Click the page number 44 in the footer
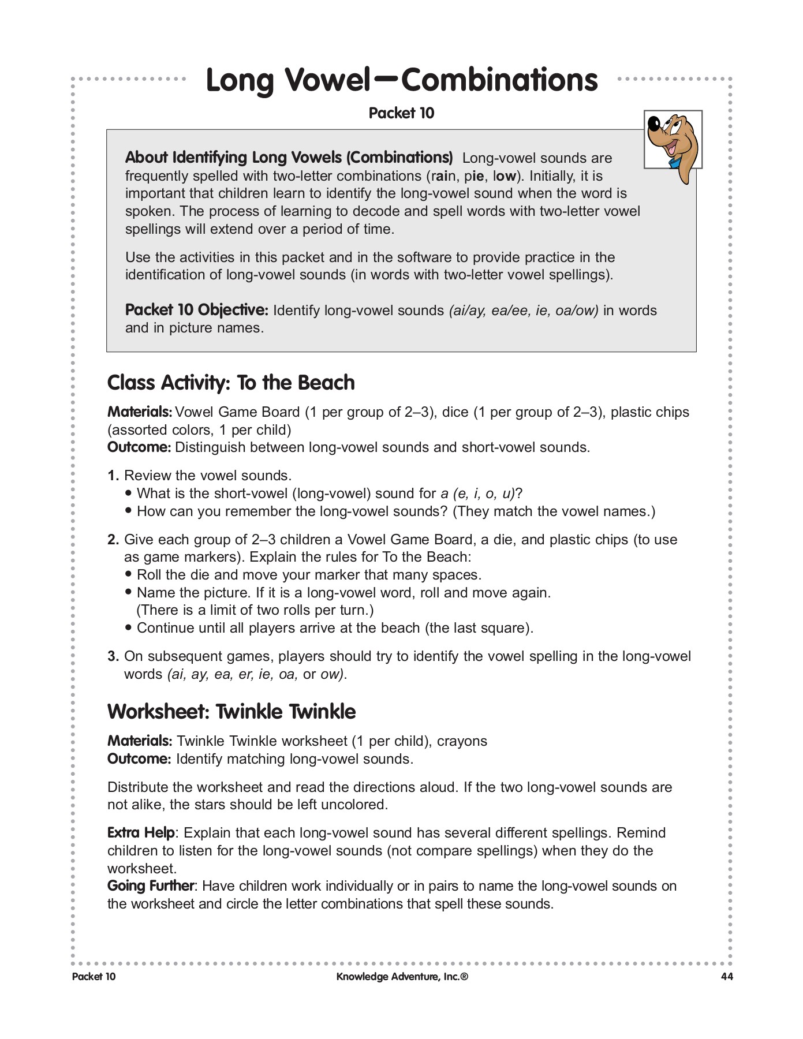click(726, 977)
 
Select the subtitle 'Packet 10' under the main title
click(401, 113)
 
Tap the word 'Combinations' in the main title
click(499, 80)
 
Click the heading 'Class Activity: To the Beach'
click(231, 383)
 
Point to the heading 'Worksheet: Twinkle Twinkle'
click(231, 711)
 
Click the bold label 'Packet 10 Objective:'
click(196, 310)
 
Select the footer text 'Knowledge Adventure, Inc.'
click(402, 977)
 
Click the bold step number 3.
click(113, 656)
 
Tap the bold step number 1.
click(113, 476)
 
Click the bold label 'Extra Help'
click(141, 833)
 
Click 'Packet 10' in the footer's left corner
click(94, 977)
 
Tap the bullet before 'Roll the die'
click(129, 575)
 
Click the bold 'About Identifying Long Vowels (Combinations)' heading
click(289, 158)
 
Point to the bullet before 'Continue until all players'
click(129, 628)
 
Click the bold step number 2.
click(113, 540)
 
